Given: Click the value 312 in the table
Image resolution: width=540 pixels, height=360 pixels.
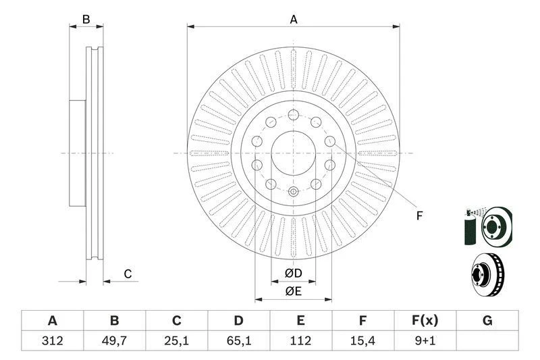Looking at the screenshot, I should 52,341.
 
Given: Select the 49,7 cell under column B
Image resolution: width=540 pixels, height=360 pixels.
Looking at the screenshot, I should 114,341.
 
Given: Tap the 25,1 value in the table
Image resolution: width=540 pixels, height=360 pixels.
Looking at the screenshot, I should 176,341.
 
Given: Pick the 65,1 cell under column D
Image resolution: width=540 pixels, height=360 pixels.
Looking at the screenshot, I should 238,341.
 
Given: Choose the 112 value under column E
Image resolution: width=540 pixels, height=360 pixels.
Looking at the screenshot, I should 300,341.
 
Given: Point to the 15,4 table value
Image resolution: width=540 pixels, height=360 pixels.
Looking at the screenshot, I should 362,341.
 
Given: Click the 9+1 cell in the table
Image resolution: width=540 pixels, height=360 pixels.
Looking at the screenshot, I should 425,341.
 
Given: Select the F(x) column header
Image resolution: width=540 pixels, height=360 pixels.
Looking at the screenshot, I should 425,320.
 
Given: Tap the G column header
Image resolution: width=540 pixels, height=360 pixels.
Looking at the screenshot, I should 487,320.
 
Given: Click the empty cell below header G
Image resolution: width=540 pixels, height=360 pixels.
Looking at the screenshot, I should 487,341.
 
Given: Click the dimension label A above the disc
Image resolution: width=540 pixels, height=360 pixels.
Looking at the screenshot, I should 294,20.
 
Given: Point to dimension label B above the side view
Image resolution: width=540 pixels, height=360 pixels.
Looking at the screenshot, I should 86,20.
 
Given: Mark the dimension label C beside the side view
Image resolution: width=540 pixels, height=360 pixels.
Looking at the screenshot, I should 127,274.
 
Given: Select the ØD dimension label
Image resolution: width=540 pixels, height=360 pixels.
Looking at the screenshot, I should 292,274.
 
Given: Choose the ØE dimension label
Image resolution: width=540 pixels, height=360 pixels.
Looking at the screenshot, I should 292,291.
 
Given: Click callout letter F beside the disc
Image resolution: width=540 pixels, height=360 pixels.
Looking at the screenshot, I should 418,216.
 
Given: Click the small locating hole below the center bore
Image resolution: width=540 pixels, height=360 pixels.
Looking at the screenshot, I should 294,192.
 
